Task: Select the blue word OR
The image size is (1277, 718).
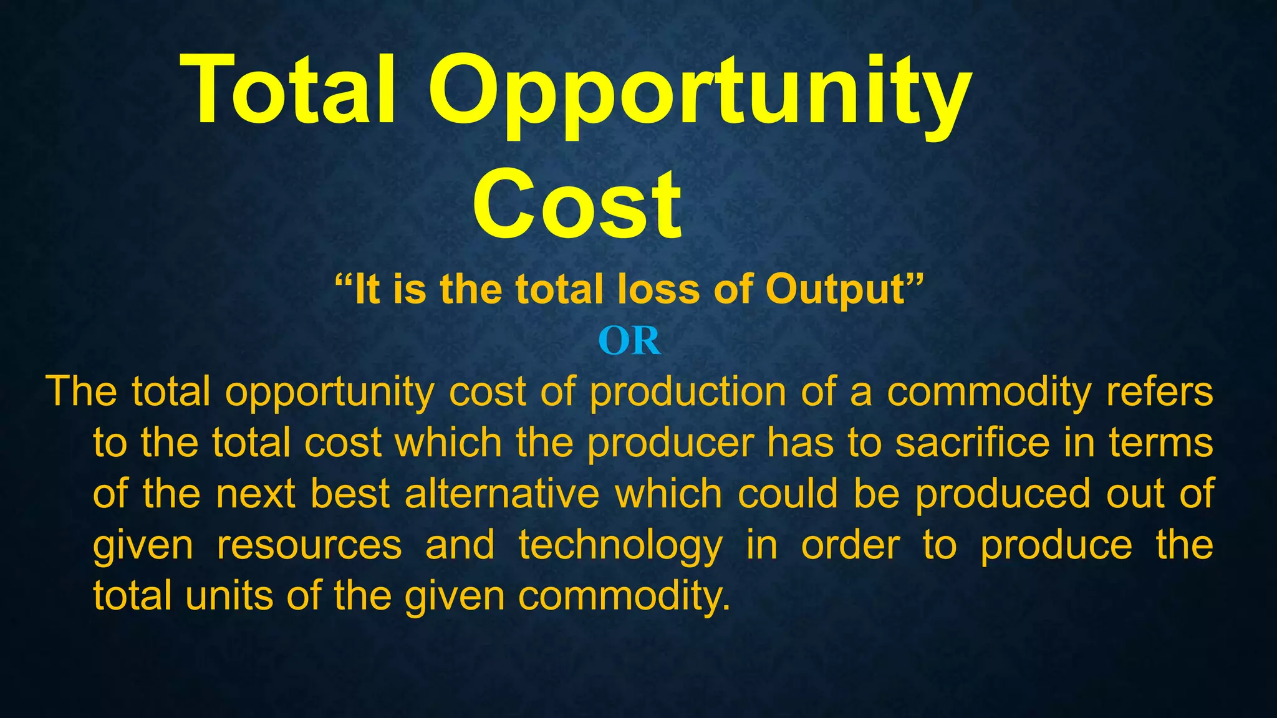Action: (629, 341)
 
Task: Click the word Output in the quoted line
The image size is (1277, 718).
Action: (836, 290)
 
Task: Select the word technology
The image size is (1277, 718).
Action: (620, 545)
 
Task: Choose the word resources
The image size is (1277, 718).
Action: (309, 545)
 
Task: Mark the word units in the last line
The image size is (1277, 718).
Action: (228, 596)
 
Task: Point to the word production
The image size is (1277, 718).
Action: (688, 392)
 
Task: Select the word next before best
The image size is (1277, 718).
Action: (256, 494)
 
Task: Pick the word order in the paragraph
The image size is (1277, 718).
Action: (851, 545)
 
